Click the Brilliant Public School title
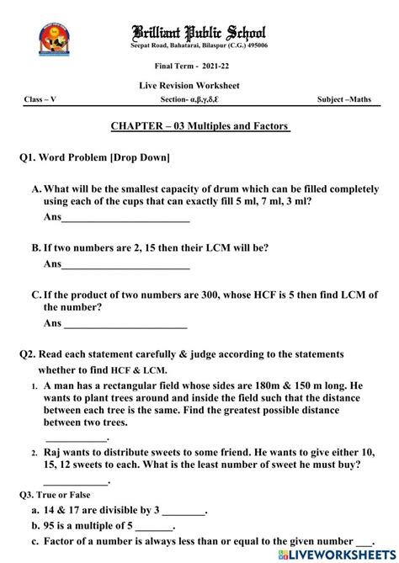coord(199,32)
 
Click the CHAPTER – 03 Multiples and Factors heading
coord(200,126)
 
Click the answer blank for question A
coord(126,220)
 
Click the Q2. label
coord(29,354)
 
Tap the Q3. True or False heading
coord(55,495)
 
